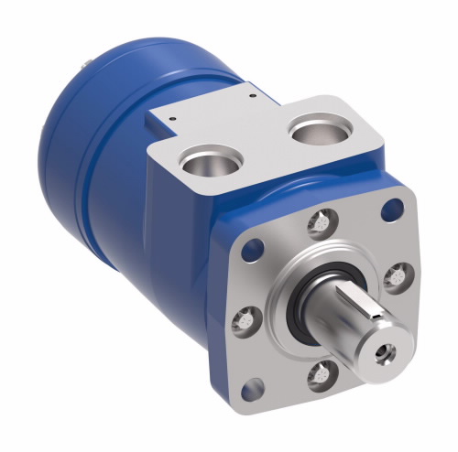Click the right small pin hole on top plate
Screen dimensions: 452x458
point(249,91)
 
